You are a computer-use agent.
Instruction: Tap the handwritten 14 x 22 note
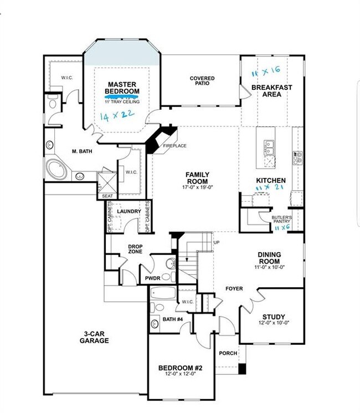pyautogui.click(x=119, y=116)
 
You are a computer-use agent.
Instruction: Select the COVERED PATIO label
pyautogui.click(x=202, y=81)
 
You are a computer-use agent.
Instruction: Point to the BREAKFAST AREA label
pyautogui.click(x=271, y=91)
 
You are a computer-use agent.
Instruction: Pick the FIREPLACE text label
pyautogui.click(x=174, y=146)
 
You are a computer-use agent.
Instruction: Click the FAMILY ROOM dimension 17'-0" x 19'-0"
pyautogui.click(x=197, y=187)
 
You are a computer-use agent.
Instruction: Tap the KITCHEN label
pyautogui.click(x=271, y=181)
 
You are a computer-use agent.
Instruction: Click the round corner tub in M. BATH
pyautogui.click(x=56, y=167)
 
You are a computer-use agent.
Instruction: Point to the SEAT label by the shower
pyautogui.click(x=106, y=195)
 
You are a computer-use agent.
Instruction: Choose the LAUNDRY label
pyautogui.click(x=128, y=211)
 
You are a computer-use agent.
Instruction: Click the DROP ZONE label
pyautogui.click(x=136, y=248)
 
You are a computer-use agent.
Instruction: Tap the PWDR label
pyautogui.click(x=152, y=277)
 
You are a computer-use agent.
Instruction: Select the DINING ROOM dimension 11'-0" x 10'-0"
pyautogui.click(x=270, y=267)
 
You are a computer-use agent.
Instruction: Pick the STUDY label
pyautogui.click(x=274, y=317)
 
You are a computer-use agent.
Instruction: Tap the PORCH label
pyautogui.click(x=228, y=353)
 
